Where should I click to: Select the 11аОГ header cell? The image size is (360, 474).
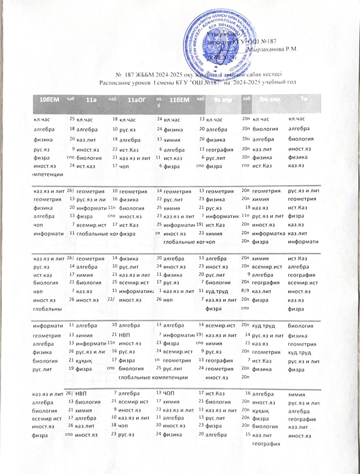tap(137, 100)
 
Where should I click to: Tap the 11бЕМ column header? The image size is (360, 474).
tap(179, 100)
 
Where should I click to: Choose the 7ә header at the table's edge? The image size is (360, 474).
tap(304, 99)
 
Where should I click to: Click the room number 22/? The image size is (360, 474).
tap(111, 300)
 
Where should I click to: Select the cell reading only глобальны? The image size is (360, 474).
tap(48, 309)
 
